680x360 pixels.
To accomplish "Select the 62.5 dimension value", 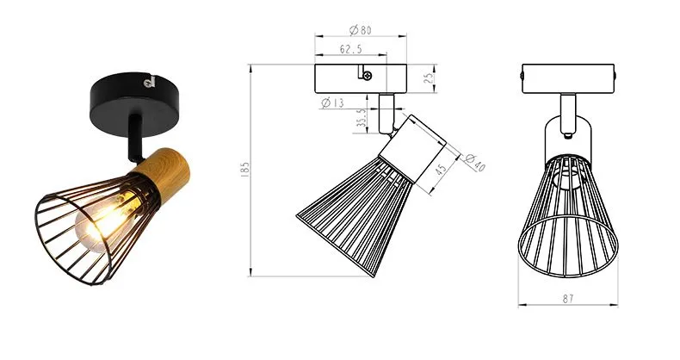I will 349,51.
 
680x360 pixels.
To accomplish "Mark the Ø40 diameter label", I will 475,161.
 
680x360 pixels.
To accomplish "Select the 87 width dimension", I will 569,298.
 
